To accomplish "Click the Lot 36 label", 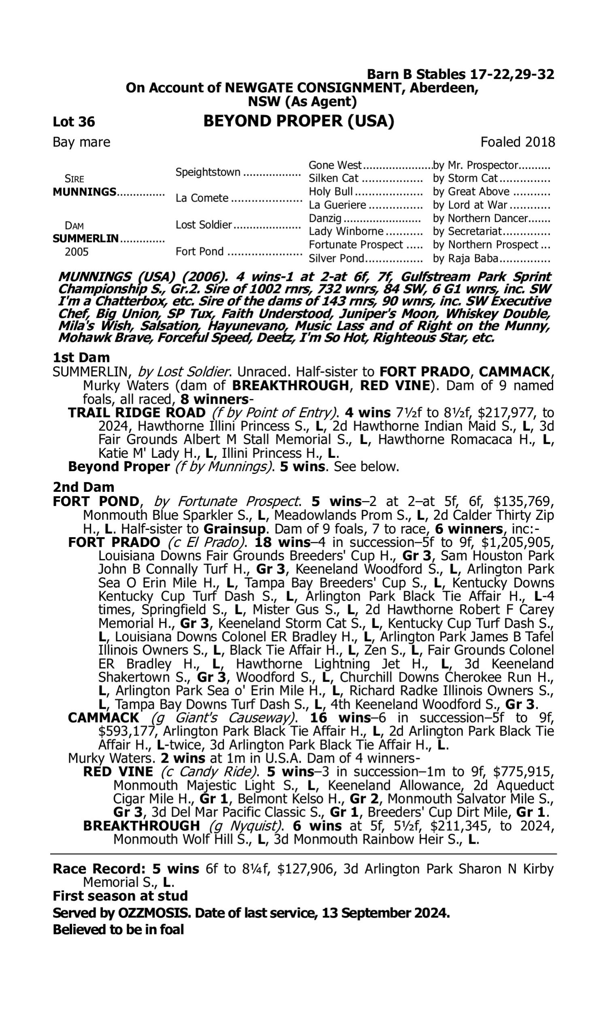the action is click(74, 122).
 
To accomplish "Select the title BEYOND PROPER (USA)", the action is click(299, 121).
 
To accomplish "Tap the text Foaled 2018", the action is click(518, 142).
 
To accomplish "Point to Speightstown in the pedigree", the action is click(208, 172).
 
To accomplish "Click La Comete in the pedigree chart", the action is click(202, 198).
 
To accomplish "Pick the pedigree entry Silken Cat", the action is click(333, 179).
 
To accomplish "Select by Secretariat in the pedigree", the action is click(467, 231).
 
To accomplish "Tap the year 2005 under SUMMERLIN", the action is click(76, 252).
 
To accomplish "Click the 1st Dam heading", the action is click(81, 357).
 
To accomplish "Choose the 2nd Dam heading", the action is click(83, 487).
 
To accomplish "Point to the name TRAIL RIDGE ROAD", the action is click(137, 413).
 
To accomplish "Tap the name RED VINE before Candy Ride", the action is click(118, 772).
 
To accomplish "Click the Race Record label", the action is click(99, 869).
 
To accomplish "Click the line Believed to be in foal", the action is click(118, 930).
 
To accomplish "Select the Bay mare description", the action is click(81, 142).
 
